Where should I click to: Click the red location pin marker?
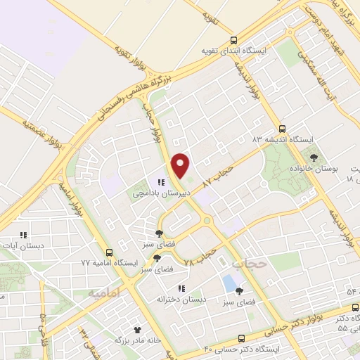181,165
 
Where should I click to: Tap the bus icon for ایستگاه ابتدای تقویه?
235,40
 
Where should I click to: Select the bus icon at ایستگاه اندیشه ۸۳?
283,129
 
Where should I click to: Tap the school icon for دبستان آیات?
22,235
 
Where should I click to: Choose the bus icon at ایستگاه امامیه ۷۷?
108,252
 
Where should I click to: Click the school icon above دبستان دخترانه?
181,288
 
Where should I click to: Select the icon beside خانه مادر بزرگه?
138,329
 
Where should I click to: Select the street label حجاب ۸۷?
217,176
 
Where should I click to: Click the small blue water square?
229,283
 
